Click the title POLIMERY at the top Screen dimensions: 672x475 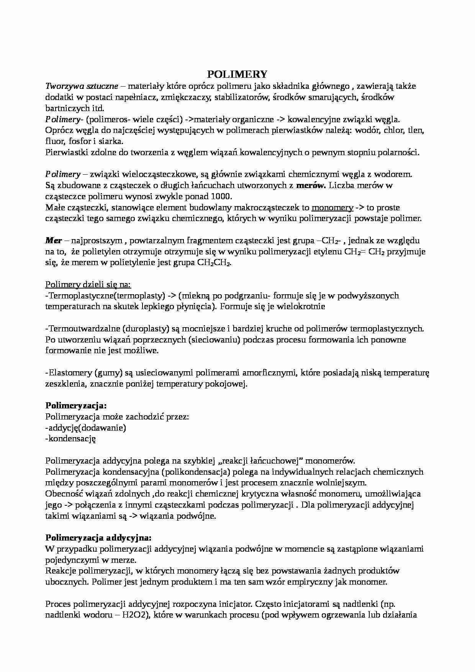pos(237,74)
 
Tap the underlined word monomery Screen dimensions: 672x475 pos(332,208)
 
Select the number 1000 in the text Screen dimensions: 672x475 pos(222,197)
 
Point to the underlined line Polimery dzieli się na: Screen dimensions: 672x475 pos(88,285)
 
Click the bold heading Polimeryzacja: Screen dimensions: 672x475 pos(76,405)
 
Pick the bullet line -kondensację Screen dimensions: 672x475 pos(70,439)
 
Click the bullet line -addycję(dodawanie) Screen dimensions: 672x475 pos(85,428)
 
